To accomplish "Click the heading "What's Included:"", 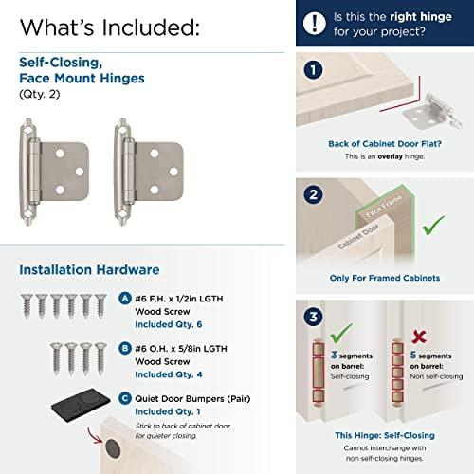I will coord(109,27).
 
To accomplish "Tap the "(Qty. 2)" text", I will coord(39,95).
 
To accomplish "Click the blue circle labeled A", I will coord(128,297).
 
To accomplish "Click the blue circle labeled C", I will coord(128,398).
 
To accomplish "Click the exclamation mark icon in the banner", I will coord(315,23).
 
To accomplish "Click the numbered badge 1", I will coord(313,70).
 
